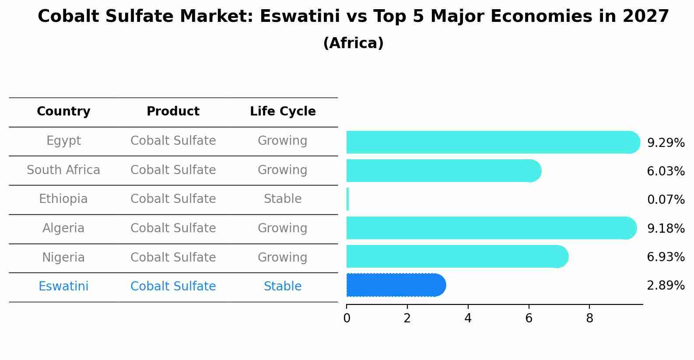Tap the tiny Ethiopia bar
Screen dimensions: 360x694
(348, 199)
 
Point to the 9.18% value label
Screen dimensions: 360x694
(666, 228)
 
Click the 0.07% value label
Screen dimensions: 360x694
(666, 200)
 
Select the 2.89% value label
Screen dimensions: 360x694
(666, 286)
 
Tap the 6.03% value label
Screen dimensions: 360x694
(666, 171)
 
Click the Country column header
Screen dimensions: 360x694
(63, 112)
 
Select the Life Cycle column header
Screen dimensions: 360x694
(283, 112)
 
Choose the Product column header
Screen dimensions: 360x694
(173, 112)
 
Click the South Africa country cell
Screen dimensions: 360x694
(63, 170)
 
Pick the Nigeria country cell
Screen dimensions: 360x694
(63, 257)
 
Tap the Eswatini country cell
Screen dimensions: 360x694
(63, 287)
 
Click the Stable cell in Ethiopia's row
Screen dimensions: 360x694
(283, 199)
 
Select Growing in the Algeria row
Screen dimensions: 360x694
(283, 228)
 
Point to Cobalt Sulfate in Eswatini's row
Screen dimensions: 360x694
(173, 287)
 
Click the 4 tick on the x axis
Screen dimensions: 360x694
(468, 318)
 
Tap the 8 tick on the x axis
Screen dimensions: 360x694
(589, 318)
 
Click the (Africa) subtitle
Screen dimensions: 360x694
(353, 43)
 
